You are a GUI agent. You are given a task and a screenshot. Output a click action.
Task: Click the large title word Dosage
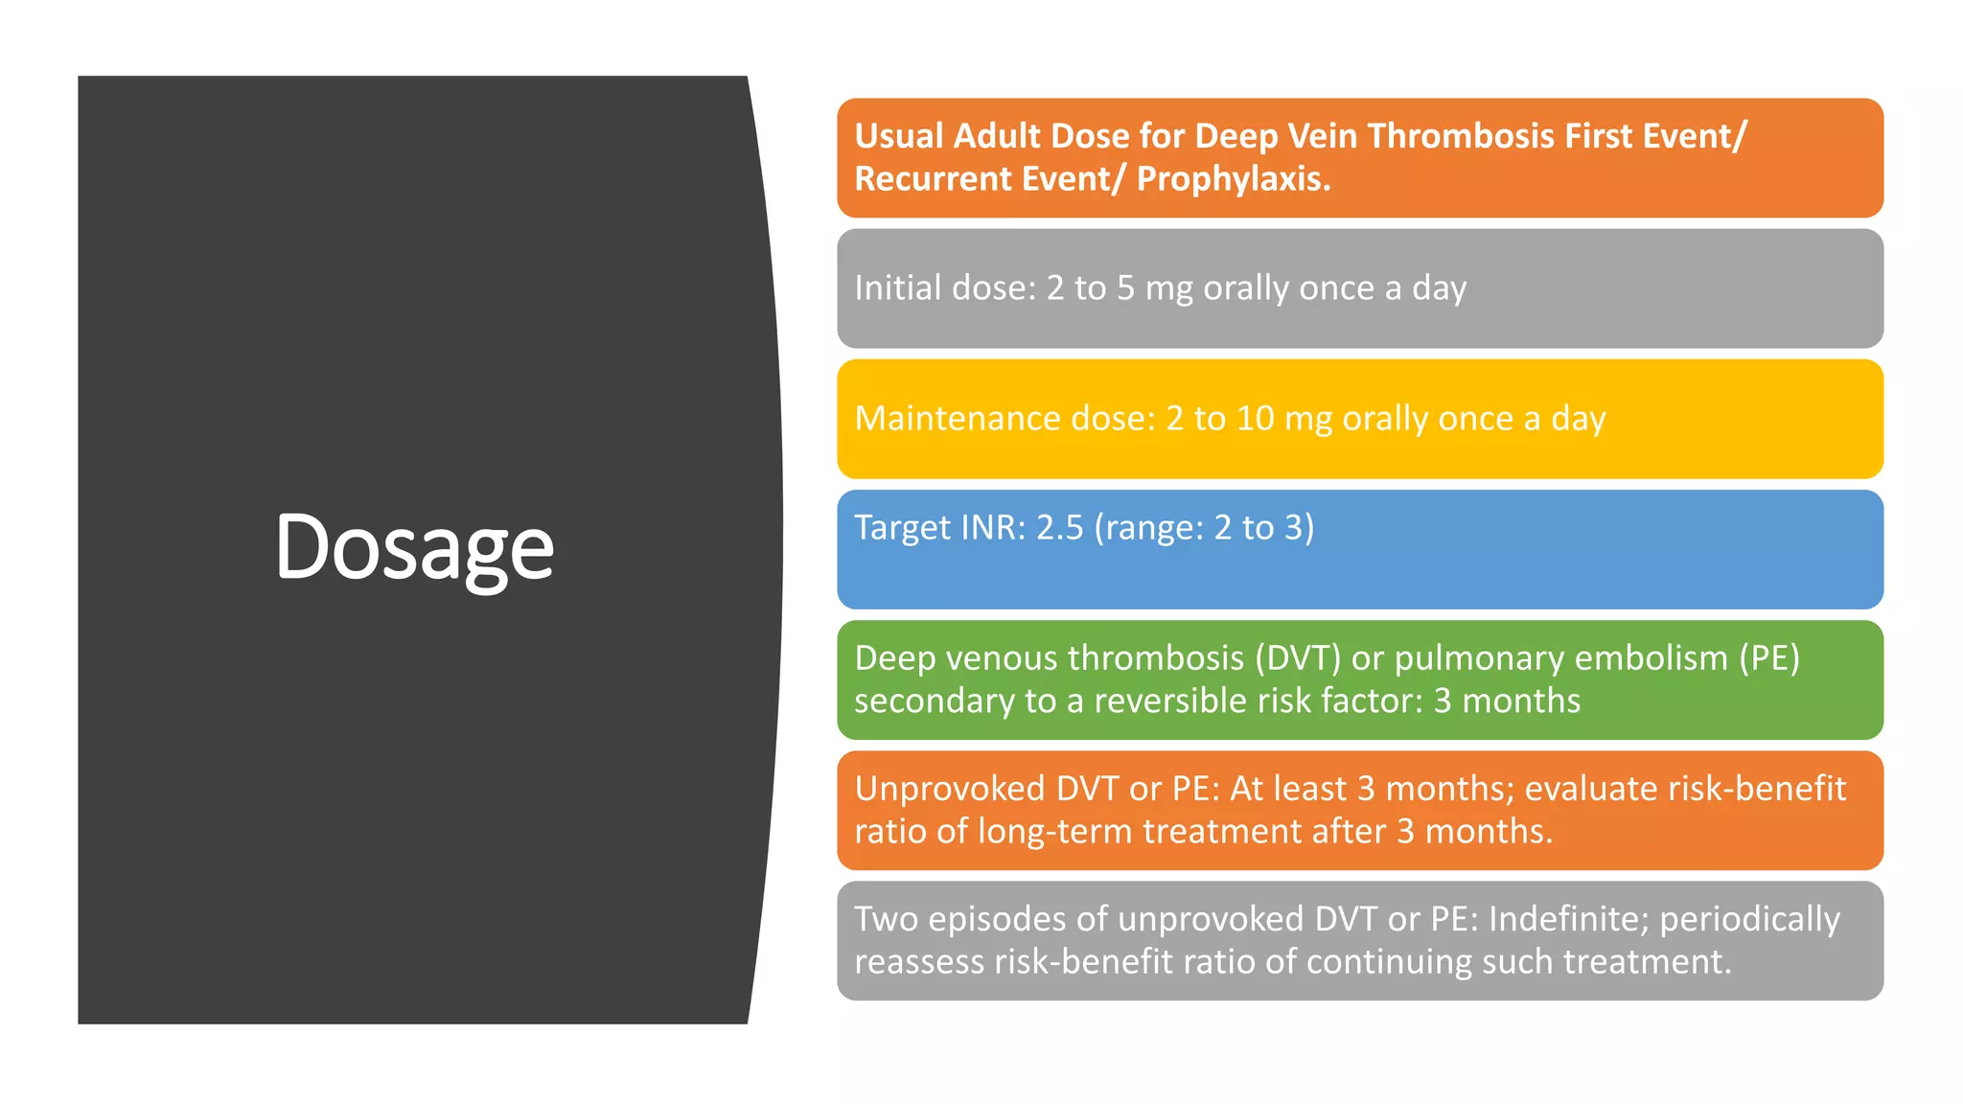[414, 548]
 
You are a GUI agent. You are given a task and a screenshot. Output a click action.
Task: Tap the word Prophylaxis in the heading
[1234, 179]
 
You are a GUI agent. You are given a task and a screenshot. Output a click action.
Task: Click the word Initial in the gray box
[894, 287]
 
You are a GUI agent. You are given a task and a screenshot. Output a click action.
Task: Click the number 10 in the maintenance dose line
[1255, 419]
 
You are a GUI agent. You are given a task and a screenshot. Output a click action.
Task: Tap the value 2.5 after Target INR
[1059, 528]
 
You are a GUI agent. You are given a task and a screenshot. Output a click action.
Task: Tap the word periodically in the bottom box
[1749, 919]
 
